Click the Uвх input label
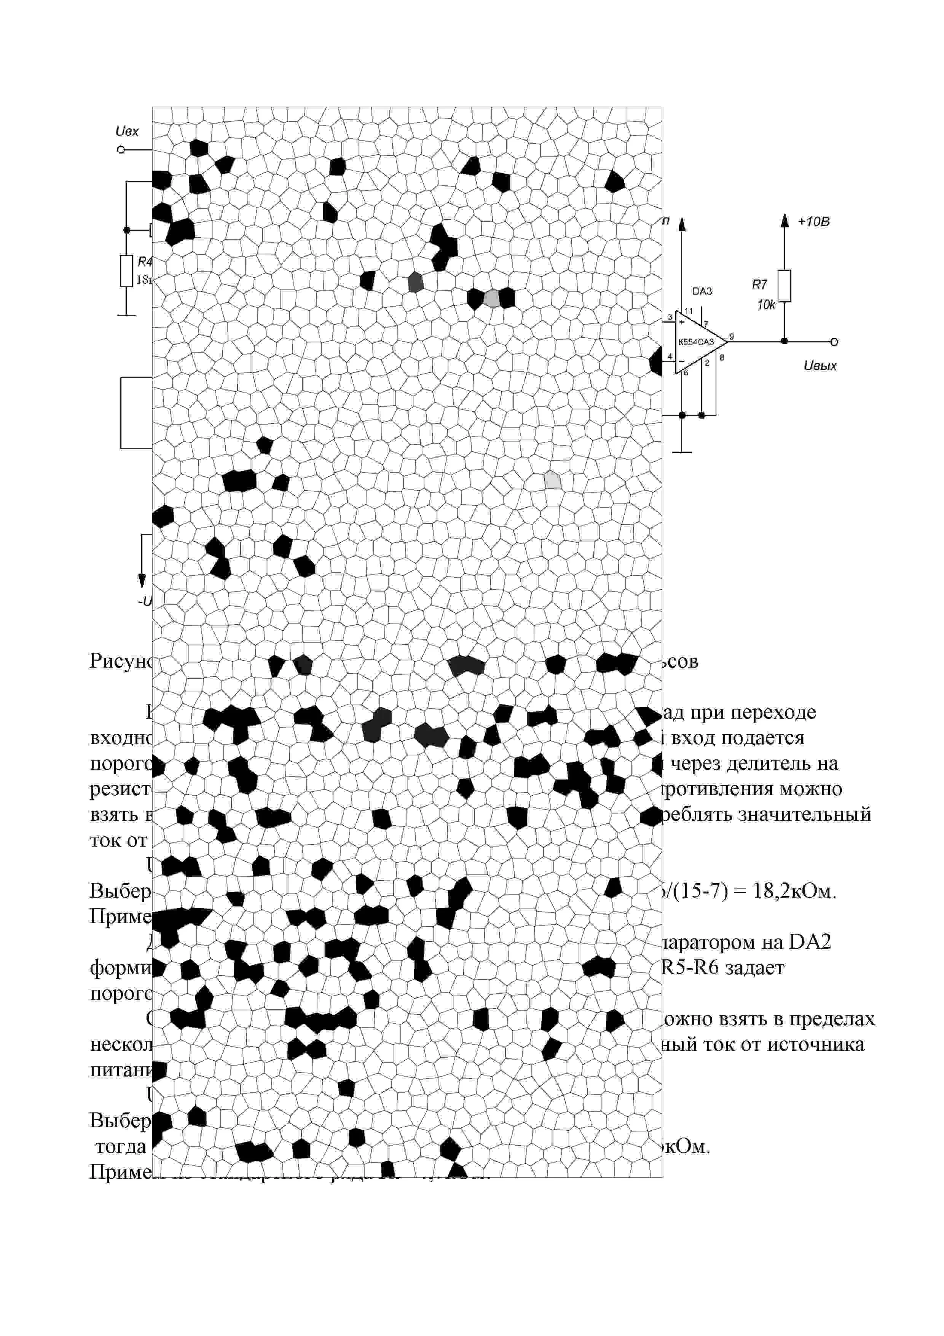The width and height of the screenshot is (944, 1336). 128,131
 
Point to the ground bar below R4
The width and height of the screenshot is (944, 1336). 126,316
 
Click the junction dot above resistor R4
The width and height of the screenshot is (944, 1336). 126,230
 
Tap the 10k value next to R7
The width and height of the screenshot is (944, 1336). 765,305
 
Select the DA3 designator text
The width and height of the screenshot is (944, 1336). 702,291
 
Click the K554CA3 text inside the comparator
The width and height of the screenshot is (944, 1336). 696,342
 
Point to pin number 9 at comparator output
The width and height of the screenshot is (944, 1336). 731,336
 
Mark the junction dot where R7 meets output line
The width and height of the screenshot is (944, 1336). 784,342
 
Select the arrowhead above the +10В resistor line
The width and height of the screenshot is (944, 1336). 784,220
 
